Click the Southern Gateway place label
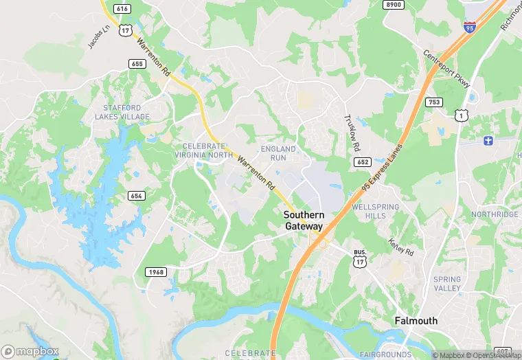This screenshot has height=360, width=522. (304, 221)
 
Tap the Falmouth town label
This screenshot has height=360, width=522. (416, 321)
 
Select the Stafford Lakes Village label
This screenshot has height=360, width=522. (126, 113)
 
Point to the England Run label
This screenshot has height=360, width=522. (278, 153)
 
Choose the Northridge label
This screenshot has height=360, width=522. (495, 214)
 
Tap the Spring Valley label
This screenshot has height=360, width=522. (447, 284)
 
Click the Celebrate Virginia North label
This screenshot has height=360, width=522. (203, 150)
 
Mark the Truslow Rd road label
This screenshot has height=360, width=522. (352, 133)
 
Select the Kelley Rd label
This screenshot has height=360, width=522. (401, 247)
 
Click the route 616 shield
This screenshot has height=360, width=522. (123, 8)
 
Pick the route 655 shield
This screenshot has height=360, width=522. (136, 63)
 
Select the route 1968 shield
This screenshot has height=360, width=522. (156, 272)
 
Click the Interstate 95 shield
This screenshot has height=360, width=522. (469, 27)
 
